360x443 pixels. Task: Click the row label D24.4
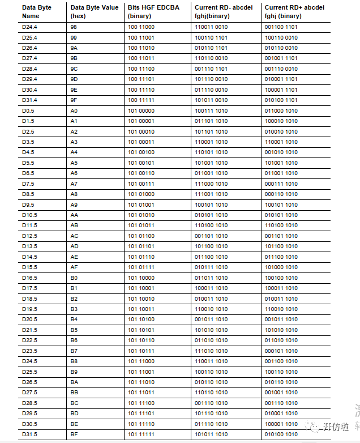pyautogui.click(x=30, y=27)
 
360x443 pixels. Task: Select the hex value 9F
pyautogui.click(x=74, y=100)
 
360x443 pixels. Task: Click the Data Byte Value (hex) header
pyautogui.click(x=95, y=11)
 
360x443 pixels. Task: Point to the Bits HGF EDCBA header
pyautogui.click(x=151, y=11)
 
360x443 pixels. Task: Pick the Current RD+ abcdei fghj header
pyautogui.click(x=290, y=11)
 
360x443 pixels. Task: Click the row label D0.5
pyautogui.click(x=28, y=111)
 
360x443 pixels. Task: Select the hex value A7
pyautogui.click(x=74, y=184)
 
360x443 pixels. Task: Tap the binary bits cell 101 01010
pyautogui.click(x=142, y=215)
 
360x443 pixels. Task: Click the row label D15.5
pyautogui.click(x=30, y=267)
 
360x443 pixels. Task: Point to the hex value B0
pyautogui.click(x=74, y=278)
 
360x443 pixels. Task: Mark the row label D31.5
pyautogui.click(x=30, y=435)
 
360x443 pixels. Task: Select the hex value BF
pyautogui.click(x=74, y=435)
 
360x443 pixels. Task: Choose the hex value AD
pyautogui.click(x=75, y=246)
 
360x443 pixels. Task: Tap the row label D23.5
pyautogui.click(x=30, y=351)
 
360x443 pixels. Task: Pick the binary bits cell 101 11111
pyautogui.click(x=142, y=435)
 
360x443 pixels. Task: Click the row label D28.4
pyautogui.click(x=30, y=69)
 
